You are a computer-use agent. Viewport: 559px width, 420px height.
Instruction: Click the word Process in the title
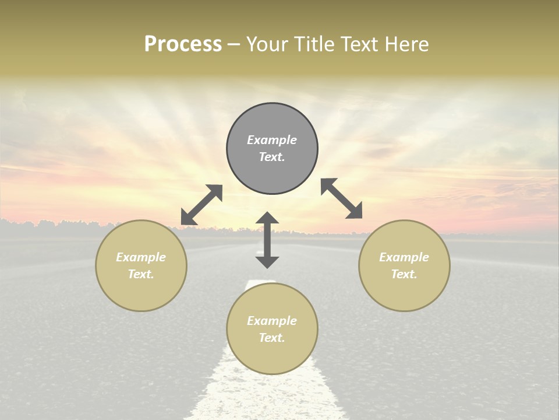coord(183,44)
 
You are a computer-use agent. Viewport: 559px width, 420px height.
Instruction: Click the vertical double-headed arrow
coord(267,240)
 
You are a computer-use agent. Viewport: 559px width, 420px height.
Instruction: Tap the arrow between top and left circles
coord(201,205)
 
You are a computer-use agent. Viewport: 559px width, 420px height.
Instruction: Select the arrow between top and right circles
coord(342,198)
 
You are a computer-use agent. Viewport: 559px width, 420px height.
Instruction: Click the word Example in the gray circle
coord(272,140)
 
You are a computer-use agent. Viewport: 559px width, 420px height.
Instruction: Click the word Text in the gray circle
coord(272,157)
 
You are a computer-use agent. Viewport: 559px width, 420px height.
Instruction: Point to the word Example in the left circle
coord(141,257)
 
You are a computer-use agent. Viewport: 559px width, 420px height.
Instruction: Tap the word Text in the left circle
coord(141,274)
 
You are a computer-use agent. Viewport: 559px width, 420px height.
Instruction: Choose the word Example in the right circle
coord(404,257)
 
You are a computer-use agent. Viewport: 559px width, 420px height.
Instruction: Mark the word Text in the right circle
coord(404,274)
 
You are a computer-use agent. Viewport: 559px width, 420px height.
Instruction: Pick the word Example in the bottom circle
coord(272,321)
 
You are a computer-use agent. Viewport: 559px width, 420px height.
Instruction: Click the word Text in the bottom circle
coord(272,338)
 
